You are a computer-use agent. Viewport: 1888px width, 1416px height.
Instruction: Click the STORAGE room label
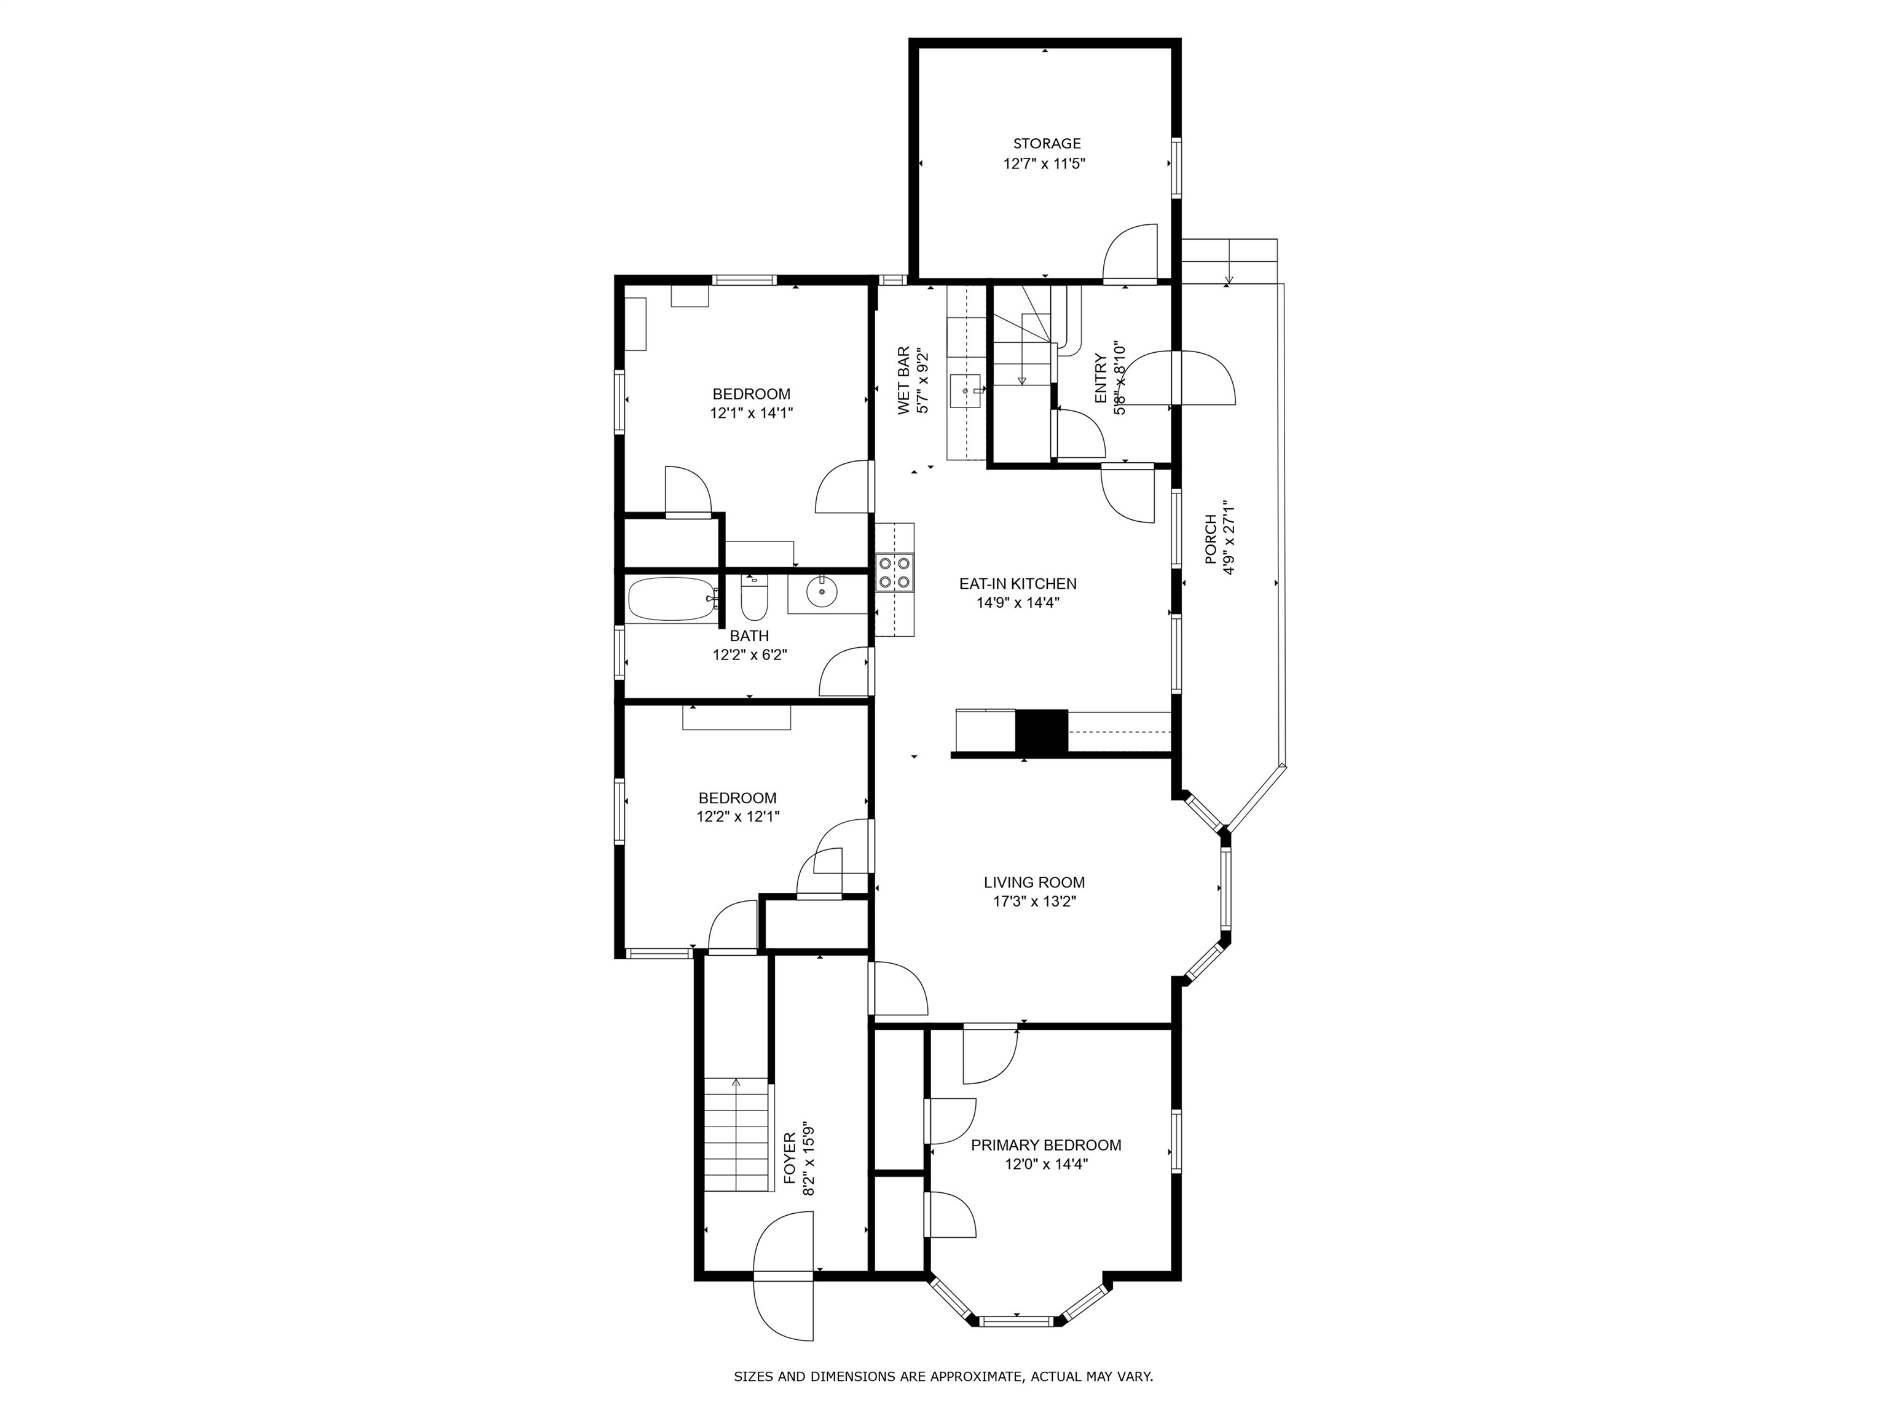point(1047,143)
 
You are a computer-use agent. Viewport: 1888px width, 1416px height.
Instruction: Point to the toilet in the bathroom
point(753,599)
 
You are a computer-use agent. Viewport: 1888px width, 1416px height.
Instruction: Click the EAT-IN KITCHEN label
point(1017,584)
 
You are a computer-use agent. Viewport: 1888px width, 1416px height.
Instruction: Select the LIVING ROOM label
point(1034,883)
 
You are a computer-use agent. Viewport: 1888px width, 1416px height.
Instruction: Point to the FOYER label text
point(790,1158)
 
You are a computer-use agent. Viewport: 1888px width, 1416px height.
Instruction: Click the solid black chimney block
point(1041,731)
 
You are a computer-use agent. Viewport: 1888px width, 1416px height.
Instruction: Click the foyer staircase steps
point(737,1135)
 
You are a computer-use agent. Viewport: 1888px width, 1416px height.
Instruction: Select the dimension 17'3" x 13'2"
point(1034,902)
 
